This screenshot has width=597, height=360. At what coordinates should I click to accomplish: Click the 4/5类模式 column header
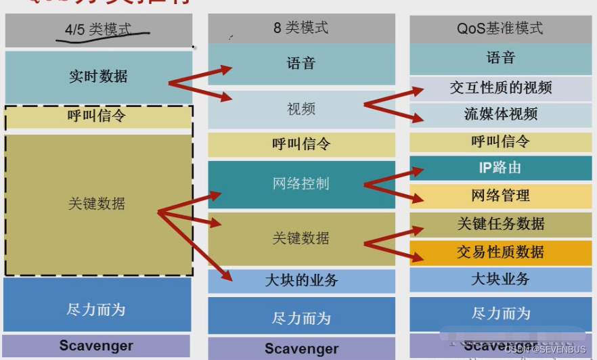(99, 30)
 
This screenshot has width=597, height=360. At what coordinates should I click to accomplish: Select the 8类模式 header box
(301, 28)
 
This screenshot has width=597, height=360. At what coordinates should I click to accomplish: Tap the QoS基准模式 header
(500, 28)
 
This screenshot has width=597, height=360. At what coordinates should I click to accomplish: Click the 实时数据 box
(98, 76)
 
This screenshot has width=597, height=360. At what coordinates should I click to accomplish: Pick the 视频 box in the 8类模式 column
(301, 109)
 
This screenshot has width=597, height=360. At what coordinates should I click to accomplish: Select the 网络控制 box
(301, 183)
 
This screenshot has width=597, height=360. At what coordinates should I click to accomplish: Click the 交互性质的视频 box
(501, 88)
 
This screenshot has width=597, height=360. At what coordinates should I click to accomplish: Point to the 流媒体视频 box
(501, 114)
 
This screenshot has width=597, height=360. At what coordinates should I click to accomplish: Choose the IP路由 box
(501, 168)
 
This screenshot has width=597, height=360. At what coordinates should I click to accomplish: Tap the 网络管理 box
(501, 196)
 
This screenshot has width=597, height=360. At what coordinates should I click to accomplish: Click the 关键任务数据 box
(501, 224)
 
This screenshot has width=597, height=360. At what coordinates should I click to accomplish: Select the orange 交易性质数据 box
(501, 252)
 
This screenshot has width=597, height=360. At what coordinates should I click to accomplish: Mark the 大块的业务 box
(301, 280)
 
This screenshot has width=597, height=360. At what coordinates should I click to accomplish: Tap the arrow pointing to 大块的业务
(196, 247)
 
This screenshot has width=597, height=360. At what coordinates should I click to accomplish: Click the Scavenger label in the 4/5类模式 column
(96, 346)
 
